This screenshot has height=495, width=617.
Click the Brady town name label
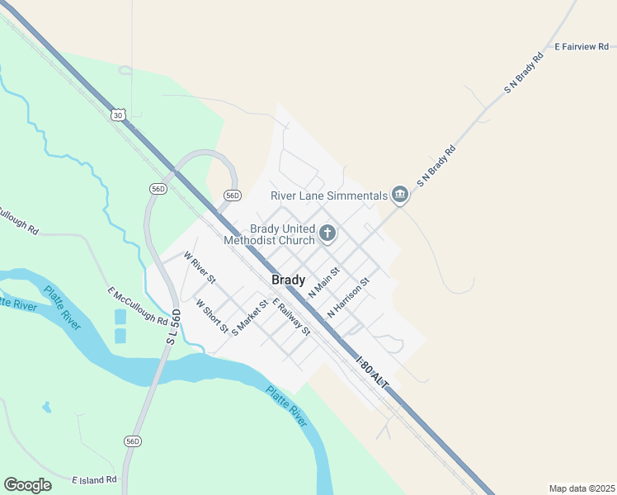coord(289,280)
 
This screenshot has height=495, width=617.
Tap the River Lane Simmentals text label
coord(329,196)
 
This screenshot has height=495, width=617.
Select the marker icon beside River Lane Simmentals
coord(400,195)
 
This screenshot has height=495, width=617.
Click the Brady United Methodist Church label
coord(270,234)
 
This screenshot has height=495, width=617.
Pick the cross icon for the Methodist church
coord(327,233)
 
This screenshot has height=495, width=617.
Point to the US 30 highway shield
coord(119,115)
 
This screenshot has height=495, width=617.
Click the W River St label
coord(200,267)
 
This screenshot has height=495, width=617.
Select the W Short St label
coord(212,316)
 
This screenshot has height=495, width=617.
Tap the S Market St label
coord(251,317)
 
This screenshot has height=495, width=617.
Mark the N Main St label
coord(324,283)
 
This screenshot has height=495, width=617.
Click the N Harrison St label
coord(348,298)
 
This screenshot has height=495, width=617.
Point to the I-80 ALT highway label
coord(370,374)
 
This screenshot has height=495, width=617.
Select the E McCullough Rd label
coord(137,304)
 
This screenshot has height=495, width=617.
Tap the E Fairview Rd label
coord(585,47)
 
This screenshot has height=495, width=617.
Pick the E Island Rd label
coord(94,479)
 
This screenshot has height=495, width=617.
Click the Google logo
coord(27,485)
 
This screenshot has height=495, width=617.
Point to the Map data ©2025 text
coord(581,488)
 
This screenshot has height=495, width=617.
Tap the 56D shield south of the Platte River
coord(132,441)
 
